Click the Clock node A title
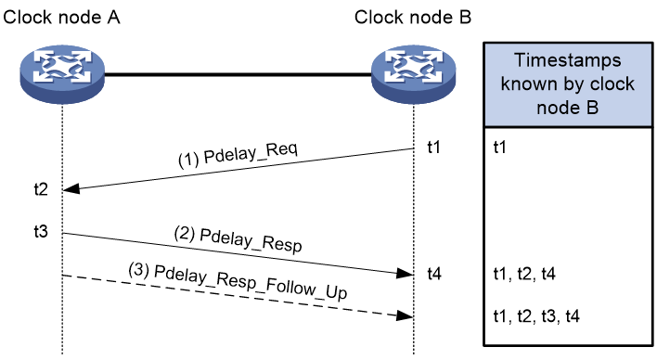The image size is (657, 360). [x=61, y=18]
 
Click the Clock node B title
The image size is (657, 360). [x=413, y=18]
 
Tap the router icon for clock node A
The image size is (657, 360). [x=62, y=73]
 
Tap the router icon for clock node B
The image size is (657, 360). [x=414, y=73]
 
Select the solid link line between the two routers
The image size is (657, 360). [x=238, y=75]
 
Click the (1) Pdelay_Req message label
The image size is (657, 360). [x=238, y=154]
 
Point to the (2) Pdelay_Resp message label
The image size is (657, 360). [x=238, y=239]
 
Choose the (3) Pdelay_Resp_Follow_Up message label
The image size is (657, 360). [x=238, y=281]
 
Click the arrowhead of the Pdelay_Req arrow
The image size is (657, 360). [x=71, y=189]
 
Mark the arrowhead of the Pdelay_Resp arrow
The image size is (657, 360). [x=406, y=274]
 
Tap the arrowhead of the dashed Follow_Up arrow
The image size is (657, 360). [x=406, y=315]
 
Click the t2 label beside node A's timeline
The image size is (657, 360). [x=41, y=189]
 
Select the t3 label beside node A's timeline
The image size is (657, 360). [x=41, y=231]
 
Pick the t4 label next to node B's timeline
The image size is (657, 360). [x=434, y=274]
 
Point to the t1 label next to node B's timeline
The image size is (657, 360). [x=433, y=148]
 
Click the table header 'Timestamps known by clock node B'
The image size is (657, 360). [x=568, y=84]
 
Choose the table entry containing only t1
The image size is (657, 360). [x=500, y=148]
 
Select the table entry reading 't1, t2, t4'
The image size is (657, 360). [x=524, y=274]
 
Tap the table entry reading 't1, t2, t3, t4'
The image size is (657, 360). [x=536, y=315]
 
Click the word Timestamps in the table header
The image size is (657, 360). [x=568, y=60]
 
